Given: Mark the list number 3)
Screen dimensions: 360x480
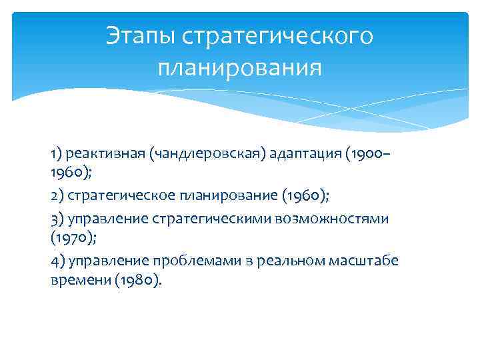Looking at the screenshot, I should point(57,219).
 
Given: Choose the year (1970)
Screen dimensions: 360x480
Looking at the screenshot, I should point(71,239).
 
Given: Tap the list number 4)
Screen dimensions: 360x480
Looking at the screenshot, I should point(57,260).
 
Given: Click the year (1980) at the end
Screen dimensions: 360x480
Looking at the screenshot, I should point(137,281).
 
